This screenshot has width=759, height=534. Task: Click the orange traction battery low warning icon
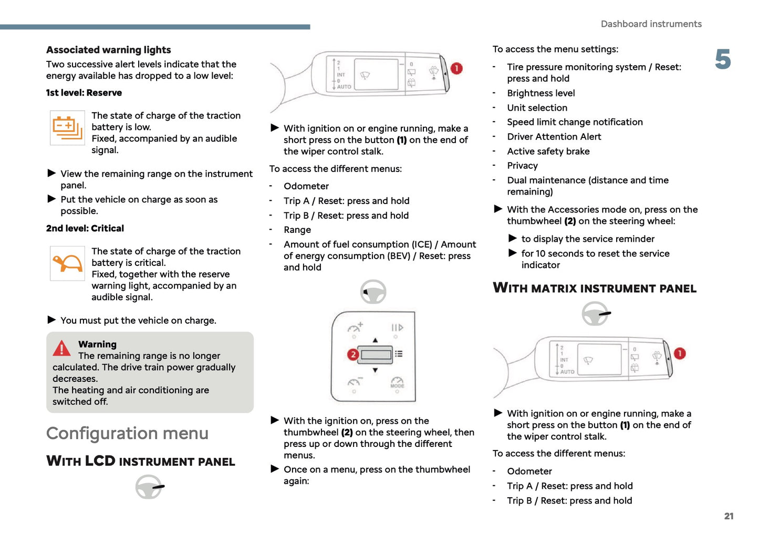(x=67, y=127)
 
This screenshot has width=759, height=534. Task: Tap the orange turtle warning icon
(x=67, y=263)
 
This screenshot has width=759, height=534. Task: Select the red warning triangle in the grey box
(x=61, y=348)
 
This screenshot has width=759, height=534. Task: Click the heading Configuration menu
(x=127, y=433)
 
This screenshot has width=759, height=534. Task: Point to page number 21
(x=729, y=516)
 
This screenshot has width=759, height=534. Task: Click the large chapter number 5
(x=723, y=59)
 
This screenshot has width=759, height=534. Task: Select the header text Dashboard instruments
(x=651, y=24)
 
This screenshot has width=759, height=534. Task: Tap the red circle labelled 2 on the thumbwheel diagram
(x=353, y=355)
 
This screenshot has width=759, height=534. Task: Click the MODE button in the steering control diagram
(x=397, y=382)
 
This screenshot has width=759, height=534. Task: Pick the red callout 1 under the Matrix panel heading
(x=679, y=354)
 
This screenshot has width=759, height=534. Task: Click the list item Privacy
(x=522, y=166)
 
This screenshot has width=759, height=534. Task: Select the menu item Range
(x=297, y=230)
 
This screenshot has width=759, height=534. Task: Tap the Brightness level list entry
(x=540, y=93)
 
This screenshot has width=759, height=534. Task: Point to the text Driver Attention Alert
(x=554, y=137)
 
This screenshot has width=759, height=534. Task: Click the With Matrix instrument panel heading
(x=595, y=289)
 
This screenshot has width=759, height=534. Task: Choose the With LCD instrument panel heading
(x=141, y=462)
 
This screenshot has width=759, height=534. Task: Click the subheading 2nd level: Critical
(x=85, y=229)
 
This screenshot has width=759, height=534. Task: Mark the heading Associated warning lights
(x=109, y=50)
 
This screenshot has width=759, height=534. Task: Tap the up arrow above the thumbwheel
(x=375, y=340)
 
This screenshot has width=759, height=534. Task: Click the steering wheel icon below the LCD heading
(x=149, y=487)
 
